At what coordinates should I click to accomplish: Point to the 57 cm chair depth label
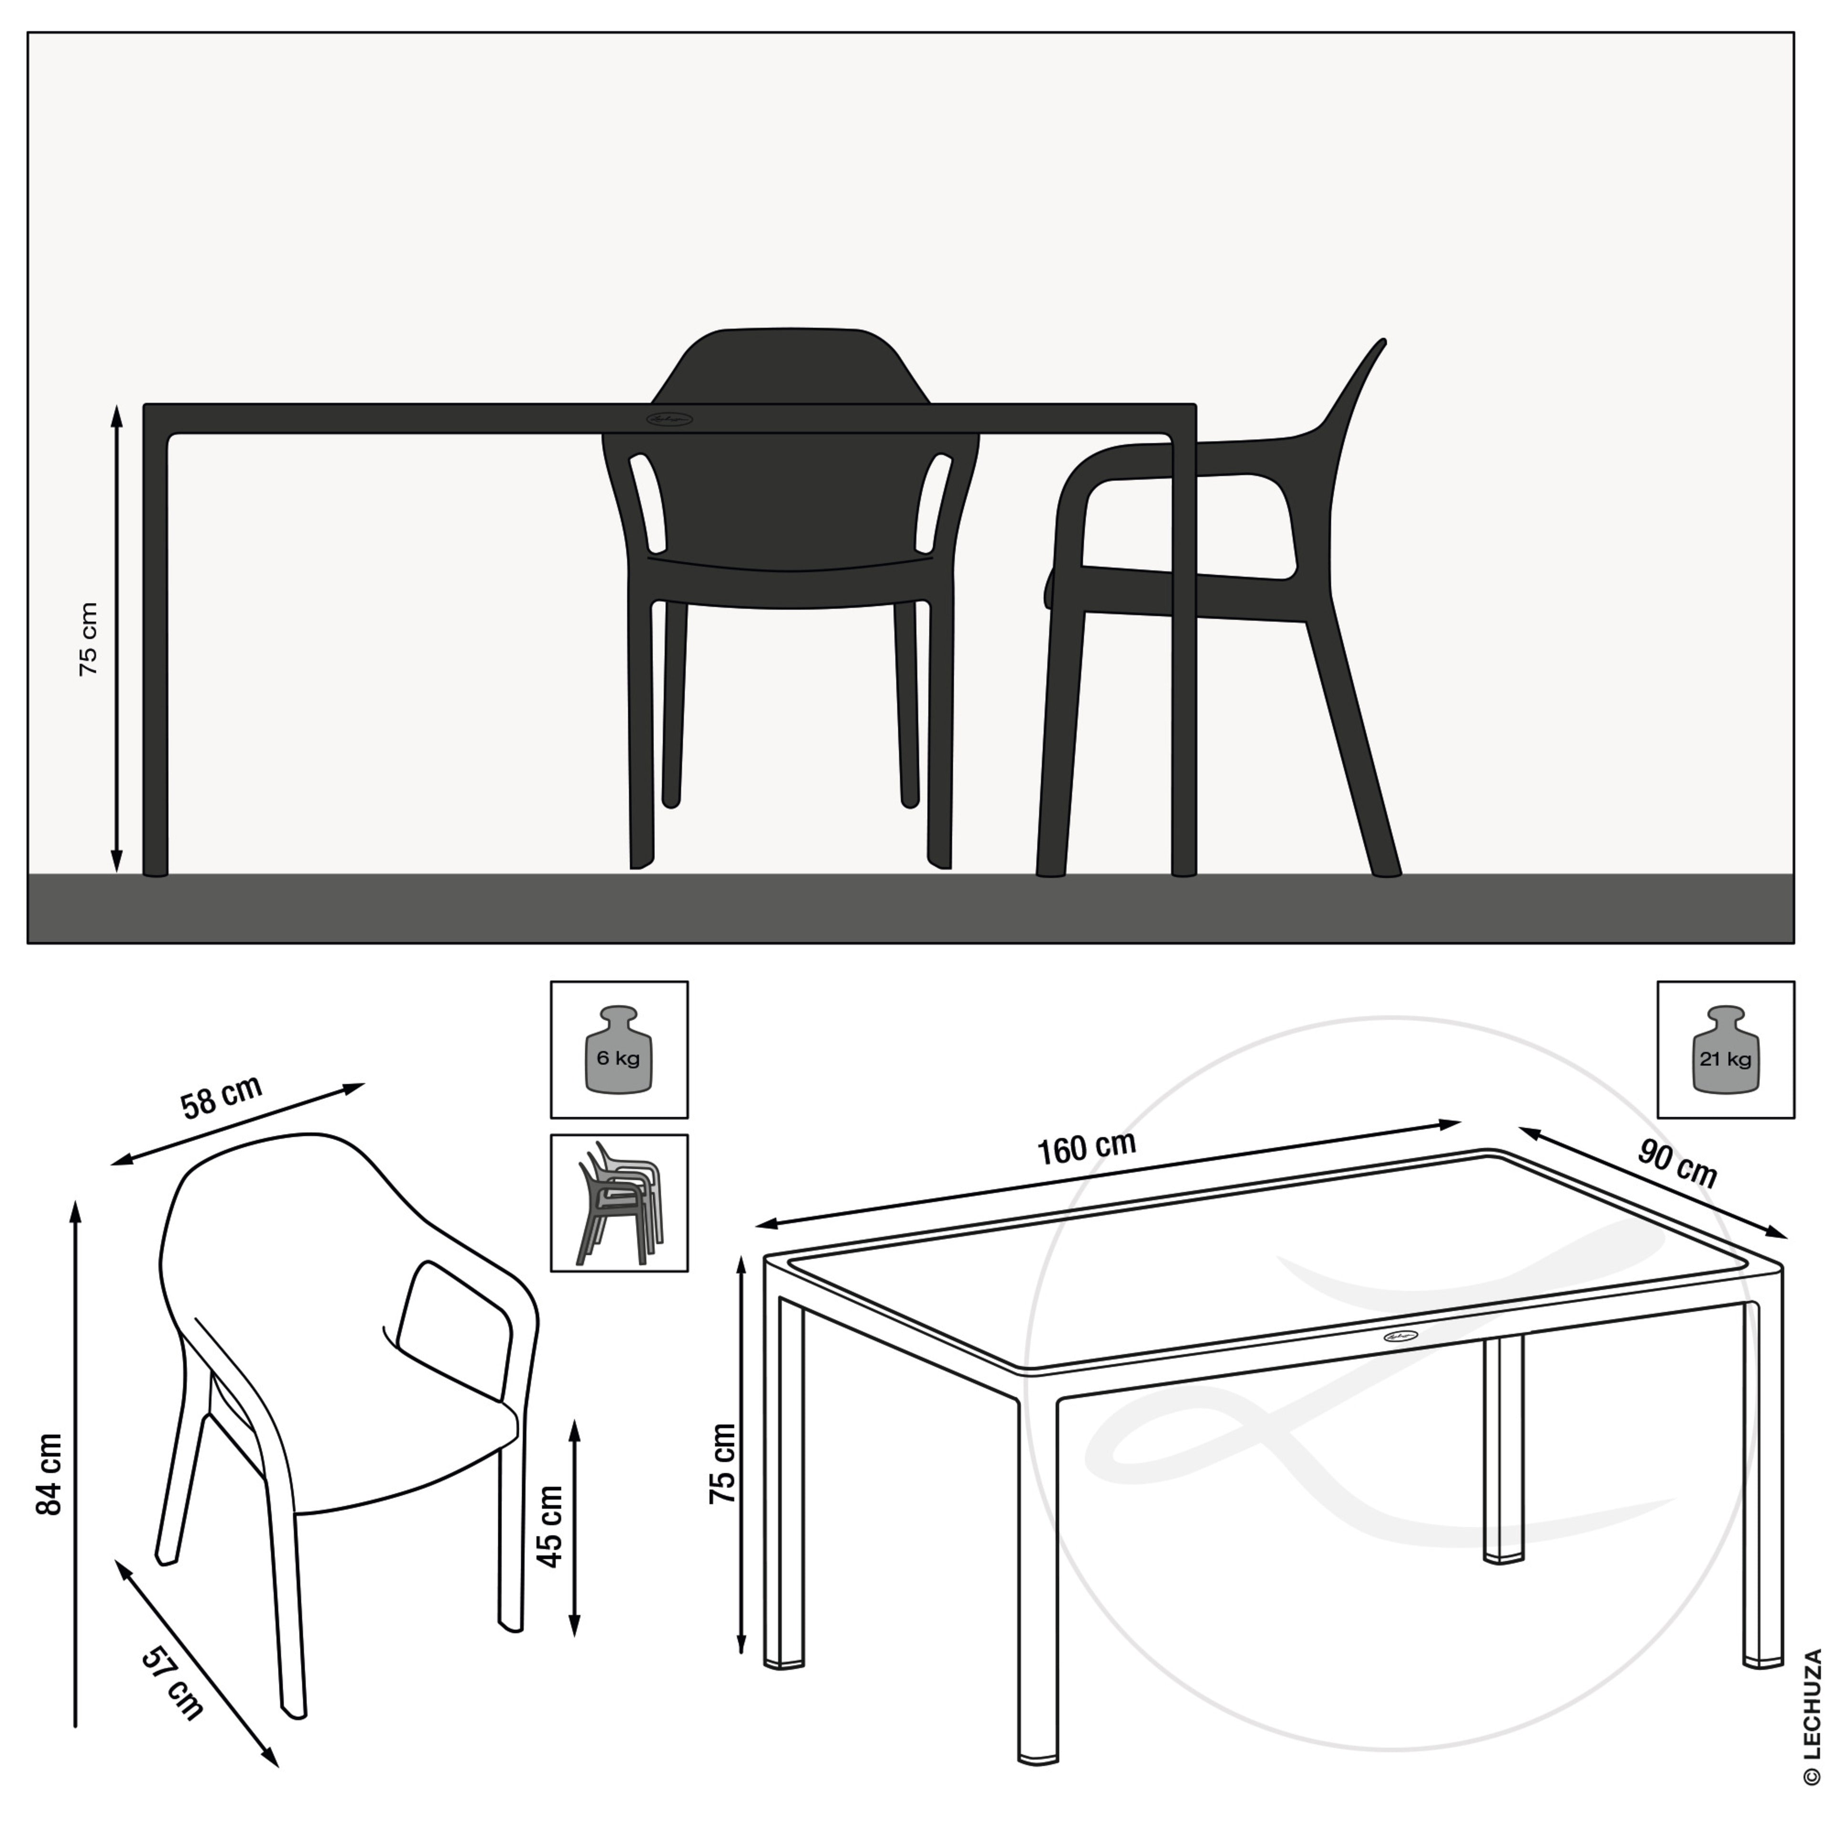[x=172, y=1683]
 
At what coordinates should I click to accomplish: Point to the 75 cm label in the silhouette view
[x=88, y=639]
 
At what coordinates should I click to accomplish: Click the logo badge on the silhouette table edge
[x=670, y=419]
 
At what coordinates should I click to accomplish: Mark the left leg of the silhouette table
[x=155, y=654]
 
